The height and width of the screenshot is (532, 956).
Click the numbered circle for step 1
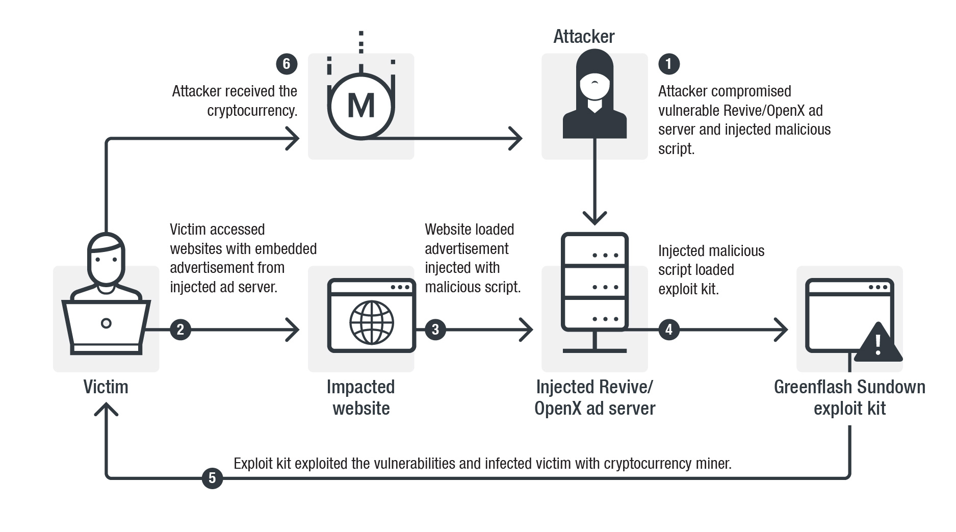coord(668,64)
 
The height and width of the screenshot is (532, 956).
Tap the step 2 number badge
coord(180,330)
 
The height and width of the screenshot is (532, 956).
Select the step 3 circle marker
coord(435,330)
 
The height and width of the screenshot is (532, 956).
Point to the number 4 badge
coord(668,330)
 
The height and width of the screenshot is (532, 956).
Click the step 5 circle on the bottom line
coord(212,478)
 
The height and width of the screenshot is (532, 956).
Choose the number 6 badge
coord(286,64)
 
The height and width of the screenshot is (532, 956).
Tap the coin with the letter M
coord(361,106)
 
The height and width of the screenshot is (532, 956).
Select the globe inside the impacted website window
coord(372,322)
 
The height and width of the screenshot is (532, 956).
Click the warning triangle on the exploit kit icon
coord(877,343)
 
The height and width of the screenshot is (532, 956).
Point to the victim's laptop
coord(106,326)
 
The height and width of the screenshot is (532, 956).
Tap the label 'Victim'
coord(106,387)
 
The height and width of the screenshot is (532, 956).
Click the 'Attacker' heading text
coord(584,36)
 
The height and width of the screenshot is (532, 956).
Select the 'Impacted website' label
coord(361,397)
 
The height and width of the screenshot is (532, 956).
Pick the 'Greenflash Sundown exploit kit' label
coord(849,397)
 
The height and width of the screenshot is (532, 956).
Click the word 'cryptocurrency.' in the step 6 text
coord(252,111)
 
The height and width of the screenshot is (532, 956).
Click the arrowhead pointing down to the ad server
coord(595,218)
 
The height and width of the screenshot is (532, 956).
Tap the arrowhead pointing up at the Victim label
coord(106,409)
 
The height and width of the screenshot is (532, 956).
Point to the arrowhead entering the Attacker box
coord(515,138)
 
